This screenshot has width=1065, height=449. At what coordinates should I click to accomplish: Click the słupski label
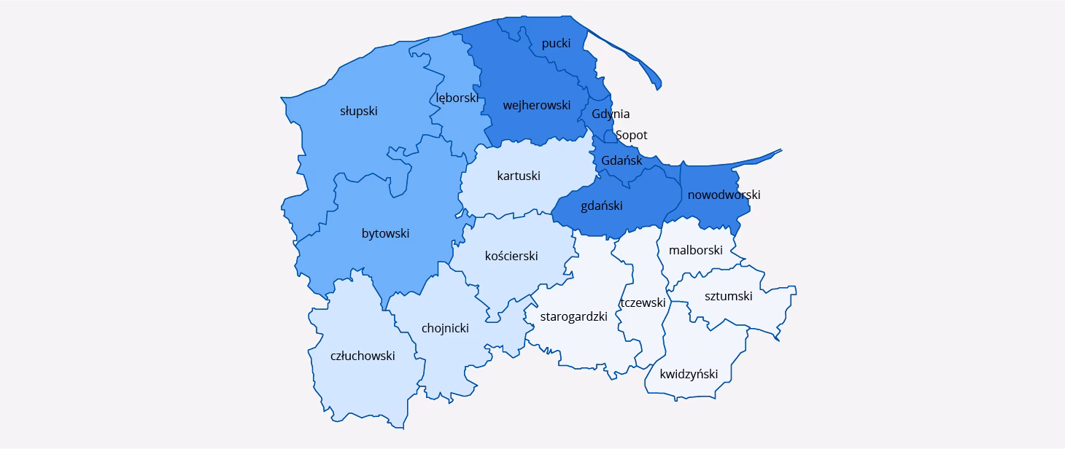(359, 112)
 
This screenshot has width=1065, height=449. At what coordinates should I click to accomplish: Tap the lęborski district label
(457, 98)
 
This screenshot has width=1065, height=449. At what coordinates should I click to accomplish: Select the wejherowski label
(536, 105)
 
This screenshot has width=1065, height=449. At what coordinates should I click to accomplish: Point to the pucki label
(556, 44)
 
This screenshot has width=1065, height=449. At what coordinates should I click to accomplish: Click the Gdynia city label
(611, 114)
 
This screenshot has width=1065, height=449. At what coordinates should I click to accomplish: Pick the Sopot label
(631, 136)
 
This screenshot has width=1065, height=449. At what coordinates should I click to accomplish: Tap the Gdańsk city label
(621, 160)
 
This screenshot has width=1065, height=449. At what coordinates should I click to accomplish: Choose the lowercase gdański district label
(602, 206)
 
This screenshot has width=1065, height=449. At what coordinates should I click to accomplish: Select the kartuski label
(519, 176)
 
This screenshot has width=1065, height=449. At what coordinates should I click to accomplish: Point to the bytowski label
(385, 233)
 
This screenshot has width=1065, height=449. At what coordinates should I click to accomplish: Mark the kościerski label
(511, 256)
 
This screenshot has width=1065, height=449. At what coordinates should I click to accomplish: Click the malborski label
(696, 250)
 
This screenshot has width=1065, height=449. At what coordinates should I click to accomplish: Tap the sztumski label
(728, 296)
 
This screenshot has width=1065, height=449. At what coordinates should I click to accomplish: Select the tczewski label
(643, 302)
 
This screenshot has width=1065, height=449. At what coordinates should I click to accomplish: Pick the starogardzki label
(574, 316)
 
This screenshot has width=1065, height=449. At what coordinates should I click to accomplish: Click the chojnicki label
(445, 328)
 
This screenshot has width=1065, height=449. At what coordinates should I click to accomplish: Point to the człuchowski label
(363, 356)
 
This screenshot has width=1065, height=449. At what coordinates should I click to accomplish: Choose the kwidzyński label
(689, 374)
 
